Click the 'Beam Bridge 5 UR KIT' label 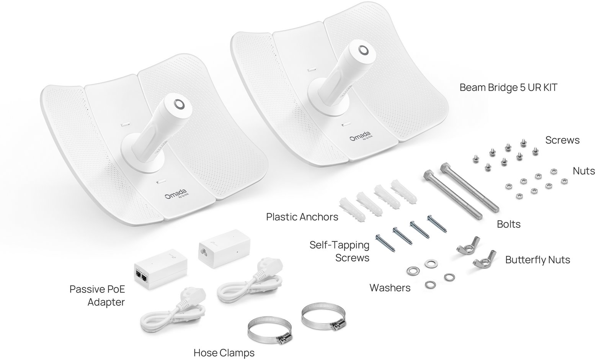pos(508,87)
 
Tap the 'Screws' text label pos(562,140)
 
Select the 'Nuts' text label pos(583,171)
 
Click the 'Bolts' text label pos(508,224)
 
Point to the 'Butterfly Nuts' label pos(537,260)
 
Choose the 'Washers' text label pos(390,288)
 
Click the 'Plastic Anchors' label pos(302,217)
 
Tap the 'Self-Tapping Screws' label pos(340,251)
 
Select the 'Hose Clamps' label pos(224,353)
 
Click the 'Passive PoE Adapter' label pos(97,296)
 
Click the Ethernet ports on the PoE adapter pos(140,276)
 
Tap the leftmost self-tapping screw pos(385,243)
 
